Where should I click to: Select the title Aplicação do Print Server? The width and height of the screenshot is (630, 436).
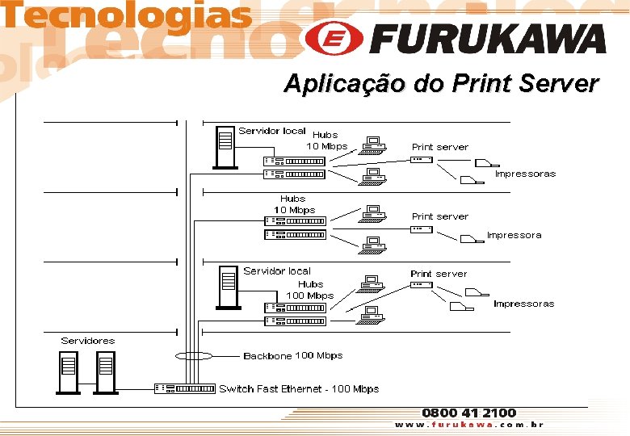pos(441,83)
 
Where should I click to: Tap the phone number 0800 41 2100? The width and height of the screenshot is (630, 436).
pos(468,413)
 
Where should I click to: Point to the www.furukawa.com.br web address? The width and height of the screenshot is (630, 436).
pos(468,425)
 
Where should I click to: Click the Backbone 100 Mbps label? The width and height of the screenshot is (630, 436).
pos(292,356)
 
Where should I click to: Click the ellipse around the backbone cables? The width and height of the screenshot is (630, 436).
pos(193,355)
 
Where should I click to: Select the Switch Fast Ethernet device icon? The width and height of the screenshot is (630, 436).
pos(186,388)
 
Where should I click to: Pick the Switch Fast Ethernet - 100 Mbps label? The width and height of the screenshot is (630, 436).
pos(299,389)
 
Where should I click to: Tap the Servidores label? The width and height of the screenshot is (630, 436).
pos(88,341)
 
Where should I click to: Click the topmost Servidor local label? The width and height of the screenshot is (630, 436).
pos(271,131)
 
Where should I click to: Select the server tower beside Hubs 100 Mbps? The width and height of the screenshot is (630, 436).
pos(229,287)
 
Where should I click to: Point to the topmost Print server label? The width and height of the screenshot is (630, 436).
pos(439,147)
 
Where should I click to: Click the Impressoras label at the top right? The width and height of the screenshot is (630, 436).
pos(525,174)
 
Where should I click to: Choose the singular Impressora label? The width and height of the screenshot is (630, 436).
pos(514,235)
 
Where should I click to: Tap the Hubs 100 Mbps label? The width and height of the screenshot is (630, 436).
pos(310,290)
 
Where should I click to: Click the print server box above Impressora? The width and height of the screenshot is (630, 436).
pos(421,229)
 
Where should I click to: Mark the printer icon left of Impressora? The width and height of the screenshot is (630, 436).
pos(469,239)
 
